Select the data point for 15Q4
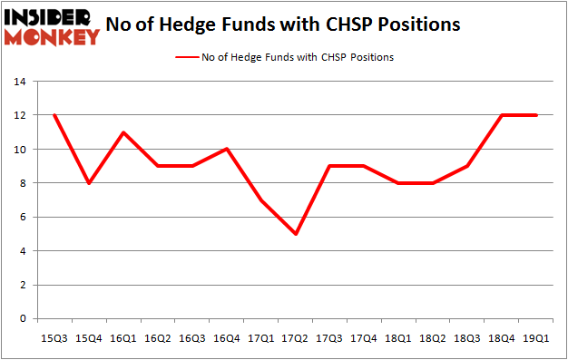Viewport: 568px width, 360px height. click(87, 183)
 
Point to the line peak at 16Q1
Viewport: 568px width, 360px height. click(122, 132)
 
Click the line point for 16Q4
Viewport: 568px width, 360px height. click(227, 149)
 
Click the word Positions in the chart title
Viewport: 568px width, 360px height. click(419, 24)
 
